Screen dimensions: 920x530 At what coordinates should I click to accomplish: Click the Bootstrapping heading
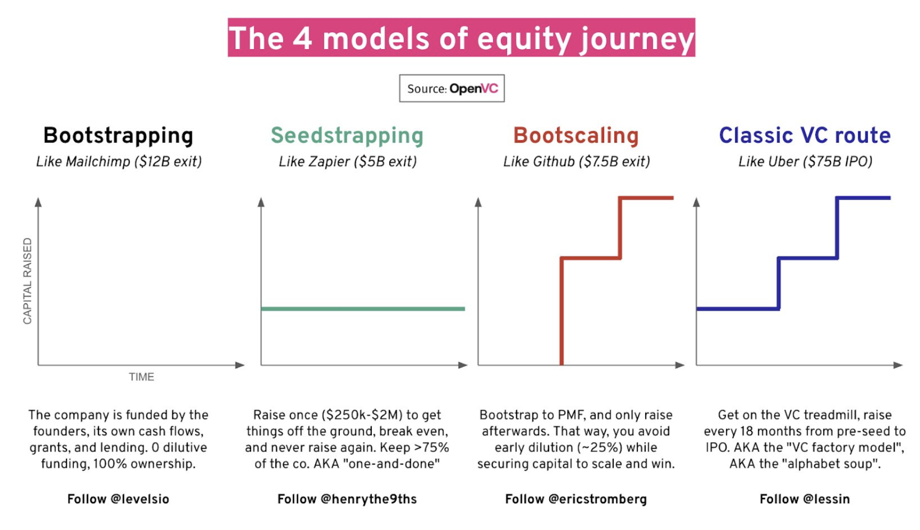tap(118, 136)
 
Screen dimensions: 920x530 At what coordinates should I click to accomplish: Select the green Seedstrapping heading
tap(347, 136)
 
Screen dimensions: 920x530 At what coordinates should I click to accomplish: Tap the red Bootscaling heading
tap(576, 136)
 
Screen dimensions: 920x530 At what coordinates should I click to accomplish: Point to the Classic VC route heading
tap(804, 136)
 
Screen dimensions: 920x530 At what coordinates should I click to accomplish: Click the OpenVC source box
tap(452, 88)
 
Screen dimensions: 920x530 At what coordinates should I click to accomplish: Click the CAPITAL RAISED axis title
tap(27, 281)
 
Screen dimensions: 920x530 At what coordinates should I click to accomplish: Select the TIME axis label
tap(141, 377)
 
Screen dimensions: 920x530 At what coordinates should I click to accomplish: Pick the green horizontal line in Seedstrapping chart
tap(363, 309)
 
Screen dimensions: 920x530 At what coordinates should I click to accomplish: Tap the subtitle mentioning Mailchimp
tap(119, 162)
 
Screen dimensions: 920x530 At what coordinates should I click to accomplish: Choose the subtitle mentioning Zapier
tap(348, 162)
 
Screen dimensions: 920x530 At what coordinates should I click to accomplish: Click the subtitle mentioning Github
tap(577, 162)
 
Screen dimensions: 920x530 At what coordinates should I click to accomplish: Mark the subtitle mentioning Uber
tap(805, 162)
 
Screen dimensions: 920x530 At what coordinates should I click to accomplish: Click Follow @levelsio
tap(118, 499)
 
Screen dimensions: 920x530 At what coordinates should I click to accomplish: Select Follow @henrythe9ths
tap(347, 499)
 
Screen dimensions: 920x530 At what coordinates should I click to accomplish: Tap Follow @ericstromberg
tap(576, 499)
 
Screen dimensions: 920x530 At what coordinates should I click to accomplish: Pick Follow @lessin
tap(804, 499)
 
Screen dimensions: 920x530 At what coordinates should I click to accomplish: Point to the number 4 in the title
tap(303, 38)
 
